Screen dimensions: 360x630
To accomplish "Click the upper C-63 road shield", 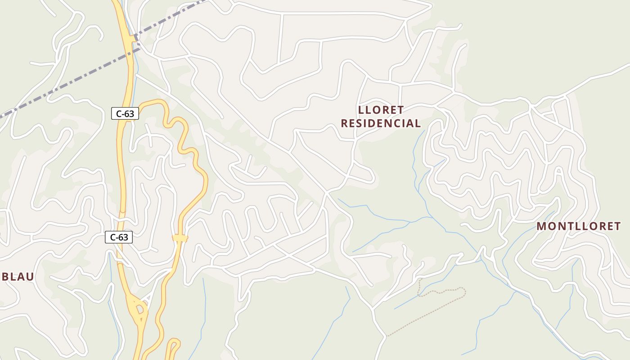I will [x=125, y=114].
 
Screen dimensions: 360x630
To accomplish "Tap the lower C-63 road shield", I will [x=119, y=237].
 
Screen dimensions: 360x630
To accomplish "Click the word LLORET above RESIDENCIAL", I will [x=381, y=110].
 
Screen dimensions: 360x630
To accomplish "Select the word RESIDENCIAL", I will [x=381, y=123].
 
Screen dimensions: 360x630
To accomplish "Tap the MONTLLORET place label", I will [x=578, y=226].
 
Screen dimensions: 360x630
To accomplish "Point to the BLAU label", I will [x=18, y=277].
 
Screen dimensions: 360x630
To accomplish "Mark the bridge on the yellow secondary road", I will [x=180, y=238].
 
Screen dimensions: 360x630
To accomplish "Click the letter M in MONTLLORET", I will [x=541, y=226].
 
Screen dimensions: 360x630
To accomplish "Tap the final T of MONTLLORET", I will [x=617, y=226].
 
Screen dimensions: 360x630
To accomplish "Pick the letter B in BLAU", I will [x=5, y=277].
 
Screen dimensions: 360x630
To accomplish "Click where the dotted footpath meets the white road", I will [x=387, y=336].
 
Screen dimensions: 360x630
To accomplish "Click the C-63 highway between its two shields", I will [x=121, y=175].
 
